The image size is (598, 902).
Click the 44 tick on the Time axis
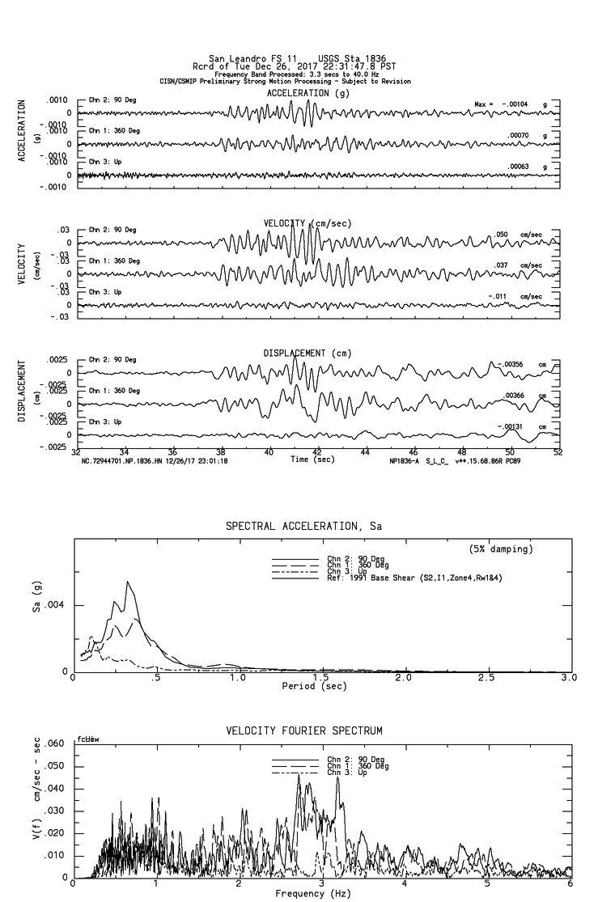[366, 453]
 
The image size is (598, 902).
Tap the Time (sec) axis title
[312, 459]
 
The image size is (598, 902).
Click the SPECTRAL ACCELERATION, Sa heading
[303, 527]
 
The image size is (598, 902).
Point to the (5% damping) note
[501, 549]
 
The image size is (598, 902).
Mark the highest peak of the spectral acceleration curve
[127, 581]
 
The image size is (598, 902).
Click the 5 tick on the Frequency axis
[488, 884]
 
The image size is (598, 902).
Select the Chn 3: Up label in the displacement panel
[104, 422]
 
